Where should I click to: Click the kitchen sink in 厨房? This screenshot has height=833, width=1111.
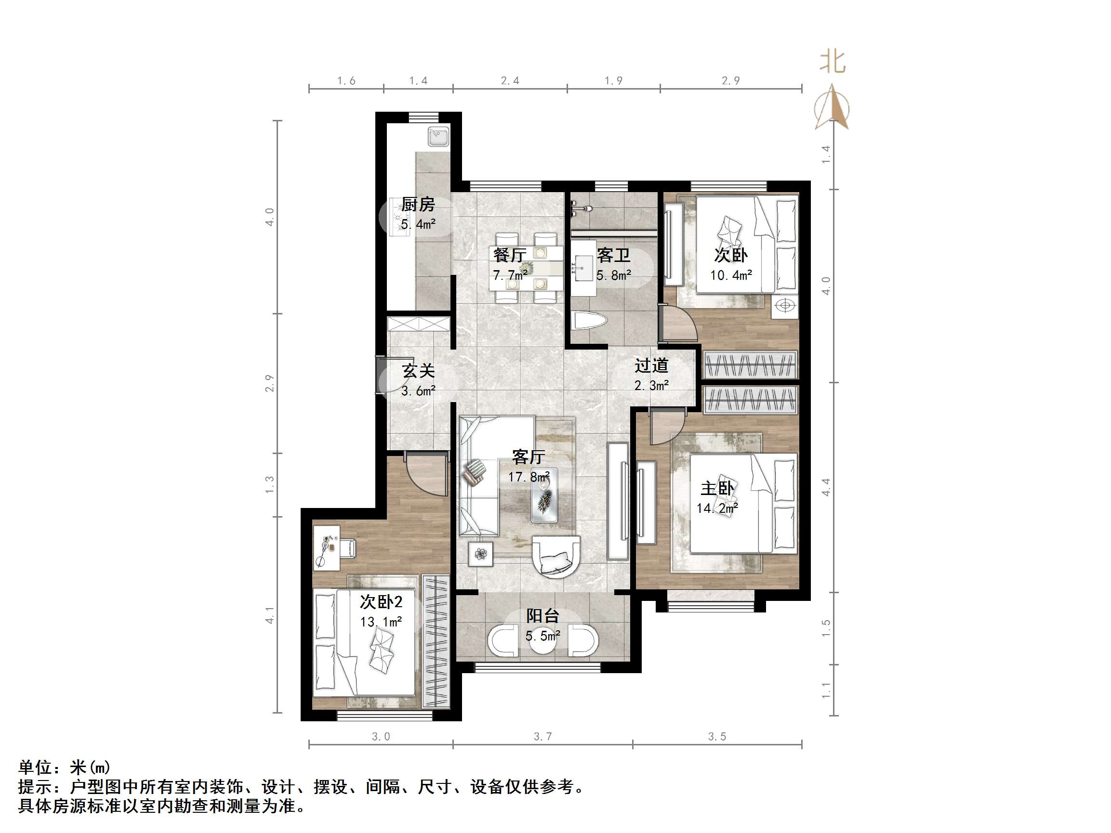point(438,137)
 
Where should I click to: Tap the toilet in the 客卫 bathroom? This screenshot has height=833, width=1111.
point(590,320)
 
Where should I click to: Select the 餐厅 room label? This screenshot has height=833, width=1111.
point(509,255)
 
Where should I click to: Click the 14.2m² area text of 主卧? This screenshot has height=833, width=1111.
point(717,508)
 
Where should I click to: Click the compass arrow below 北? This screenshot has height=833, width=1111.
point(832,108)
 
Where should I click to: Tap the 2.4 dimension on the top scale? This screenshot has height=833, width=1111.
point(510,81)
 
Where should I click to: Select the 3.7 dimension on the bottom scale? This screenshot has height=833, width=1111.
point(542,737)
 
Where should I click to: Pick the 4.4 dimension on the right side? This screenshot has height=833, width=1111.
point(826,487)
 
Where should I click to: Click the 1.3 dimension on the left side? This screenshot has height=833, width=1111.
point(270,484)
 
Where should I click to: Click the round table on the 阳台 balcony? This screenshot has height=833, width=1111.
point(543,641)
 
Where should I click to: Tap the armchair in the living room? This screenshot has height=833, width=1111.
point(556,556)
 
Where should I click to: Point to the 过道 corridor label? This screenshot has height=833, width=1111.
point(651,365)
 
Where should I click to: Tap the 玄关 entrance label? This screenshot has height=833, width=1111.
point(418,371)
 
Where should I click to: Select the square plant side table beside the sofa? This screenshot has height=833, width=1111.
point(481,554)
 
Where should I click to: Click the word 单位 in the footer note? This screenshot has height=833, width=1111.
point(35,768)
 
